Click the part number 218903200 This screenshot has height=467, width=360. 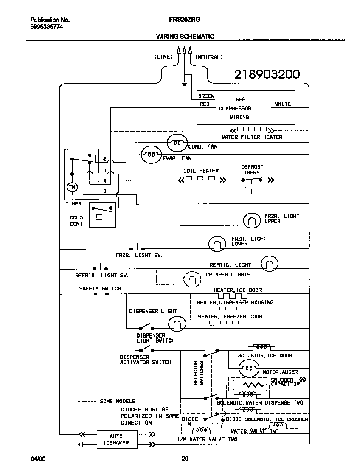(x=267, y=75)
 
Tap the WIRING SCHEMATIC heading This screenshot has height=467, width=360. (x=185, y=37)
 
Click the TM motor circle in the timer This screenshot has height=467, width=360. (x=72, y=187)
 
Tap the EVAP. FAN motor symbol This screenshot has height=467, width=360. (x=151, y=155)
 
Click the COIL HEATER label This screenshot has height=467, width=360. (x=201, y=171)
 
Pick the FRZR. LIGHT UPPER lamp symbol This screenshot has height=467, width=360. (x=252, y=220)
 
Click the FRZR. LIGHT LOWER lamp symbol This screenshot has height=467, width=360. (x=217, y=243)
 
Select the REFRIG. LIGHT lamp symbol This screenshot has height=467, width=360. (x=269, y=264)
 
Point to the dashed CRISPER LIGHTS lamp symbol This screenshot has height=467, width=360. (x=192, y=279)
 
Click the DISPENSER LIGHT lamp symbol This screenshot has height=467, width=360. (x=177, y=324)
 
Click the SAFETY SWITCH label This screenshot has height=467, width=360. (x=100, y=289)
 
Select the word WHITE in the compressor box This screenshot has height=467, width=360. (x=283, y=104)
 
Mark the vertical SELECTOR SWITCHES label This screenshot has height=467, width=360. (x=199, y=372)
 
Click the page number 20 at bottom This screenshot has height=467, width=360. (x=184, y=459)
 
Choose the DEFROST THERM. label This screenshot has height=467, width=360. (x=252, y=170)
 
